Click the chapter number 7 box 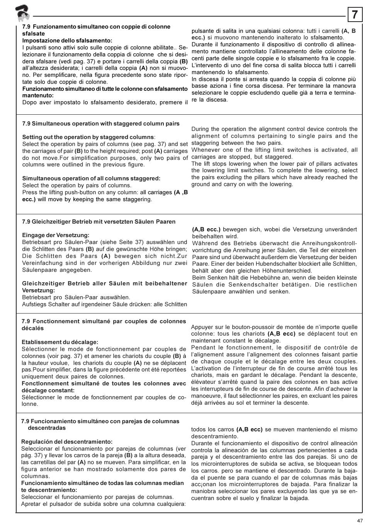pos(355,15)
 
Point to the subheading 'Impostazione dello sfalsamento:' pos(67,41)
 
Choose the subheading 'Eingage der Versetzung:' pos(56,235)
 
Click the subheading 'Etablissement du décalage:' pos(60,342)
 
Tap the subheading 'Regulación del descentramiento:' pos(67,442)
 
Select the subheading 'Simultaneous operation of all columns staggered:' pos(91,178)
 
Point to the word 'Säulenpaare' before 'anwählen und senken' pos(208,292)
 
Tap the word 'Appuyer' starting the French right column pos(202,327)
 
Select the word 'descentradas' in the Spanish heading pos(47,428)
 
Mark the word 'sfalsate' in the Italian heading pos(34,34)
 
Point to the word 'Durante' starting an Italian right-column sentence pos(202,44)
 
